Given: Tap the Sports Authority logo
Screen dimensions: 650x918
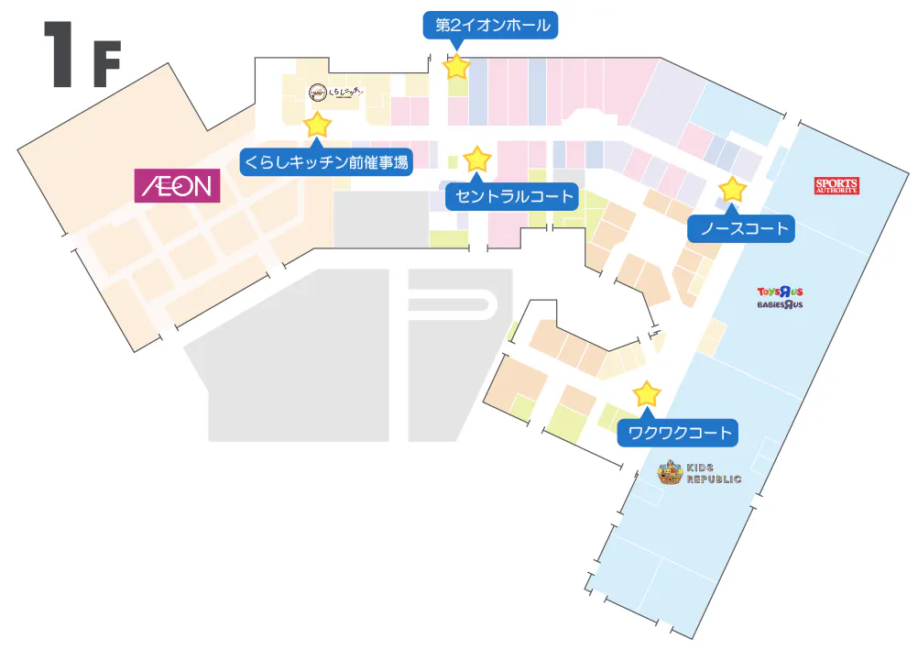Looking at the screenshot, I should (x=836, y=186).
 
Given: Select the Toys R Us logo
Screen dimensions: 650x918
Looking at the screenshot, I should (x=780, y=291).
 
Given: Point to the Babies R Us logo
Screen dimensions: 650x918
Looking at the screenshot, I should (x=780, y=304).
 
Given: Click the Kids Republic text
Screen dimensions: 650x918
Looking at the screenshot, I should (x=714, y=474).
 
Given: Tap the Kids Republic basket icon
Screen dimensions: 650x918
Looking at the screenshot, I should (x=671, y=473).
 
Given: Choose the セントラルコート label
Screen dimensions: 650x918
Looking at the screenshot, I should (x=512, y=195).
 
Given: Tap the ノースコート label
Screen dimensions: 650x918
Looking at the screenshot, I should (x=743, y=228).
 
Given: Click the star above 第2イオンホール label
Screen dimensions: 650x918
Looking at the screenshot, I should (x=456, y=66).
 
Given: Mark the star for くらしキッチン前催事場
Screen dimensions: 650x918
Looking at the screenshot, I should (x=317, y=124).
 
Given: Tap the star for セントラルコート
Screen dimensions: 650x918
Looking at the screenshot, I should (x=477, y=160).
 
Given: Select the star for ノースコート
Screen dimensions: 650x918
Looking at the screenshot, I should (x=732, y=190).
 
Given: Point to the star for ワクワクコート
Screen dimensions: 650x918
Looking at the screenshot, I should (x=647, y=394).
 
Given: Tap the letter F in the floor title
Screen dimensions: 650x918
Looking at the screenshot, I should (x=105, y=64).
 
